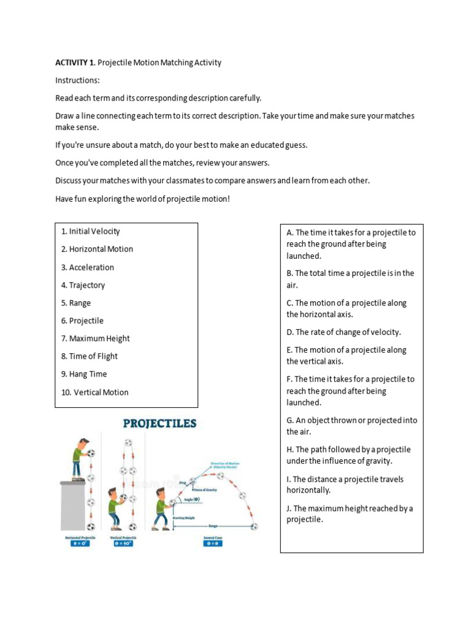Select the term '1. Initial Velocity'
pyautogui.click(x=90, y=231)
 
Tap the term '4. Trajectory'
pyautogui.click(x=83, y=285)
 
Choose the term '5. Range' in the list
pyautogui.click(x=75, y=303)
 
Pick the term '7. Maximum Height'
pyautogui.click(x=95, y=339)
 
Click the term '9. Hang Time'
pyautogui.click(x=83, y=374)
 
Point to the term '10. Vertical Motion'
pyautogui.click(x=94, y=392)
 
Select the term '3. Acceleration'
pyautogui.click(x=87, y=267)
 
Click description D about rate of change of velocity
pyautogui.click(x=343, y=332)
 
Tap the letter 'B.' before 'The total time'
pyautogui.click(x=289, y=274)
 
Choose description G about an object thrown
pyautogui.click(x=351, y=426)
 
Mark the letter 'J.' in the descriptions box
pyautogui.click(x=289, y=508)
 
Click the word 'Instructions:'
pyautogui.click(x=77, y=80)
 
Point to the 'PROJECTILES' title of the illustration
pyautogui.click(x=159, y=423)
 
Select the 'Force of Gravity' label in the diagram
pyautogui.click(x=206, y=489)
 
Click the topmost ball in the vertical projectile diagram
pyautogui.click(x=128, y=443)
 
